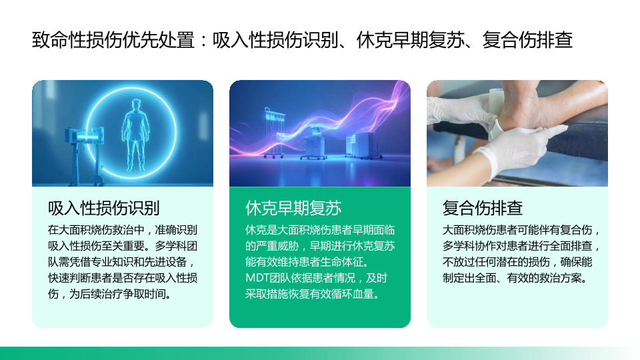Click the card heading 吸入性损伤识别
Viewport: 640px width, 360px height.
(104, 208)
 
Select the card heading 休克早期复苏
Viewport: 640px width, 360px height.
(293, 208)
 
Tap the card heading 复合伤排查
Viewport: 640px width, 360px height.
(483, 208)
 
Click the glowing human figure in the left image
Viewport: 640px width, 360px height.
(135, 135)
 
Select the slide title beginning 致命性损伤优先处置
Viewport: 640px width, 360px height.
(302, 40)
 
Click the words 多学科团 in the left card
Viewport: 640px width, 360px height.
(176, 246)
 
